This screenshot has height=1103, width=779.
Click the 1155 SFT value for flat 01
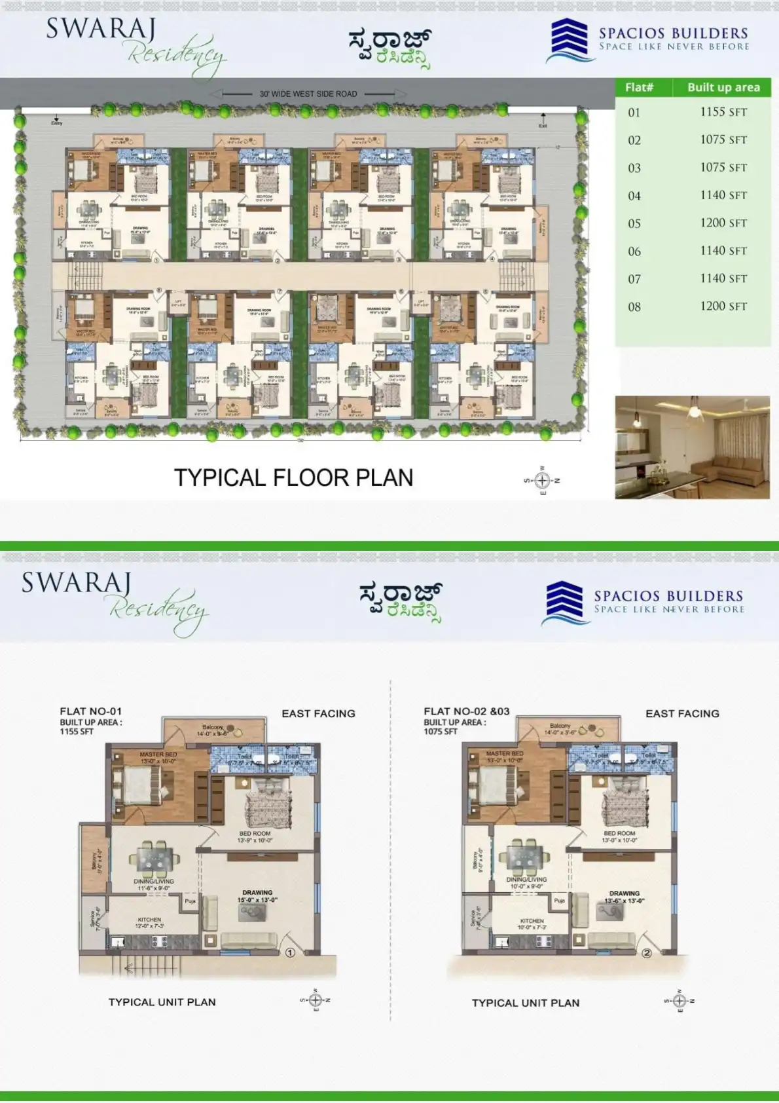(x=723, y=112)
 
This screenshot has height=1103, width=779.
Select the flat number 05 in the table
(x=634, y=223)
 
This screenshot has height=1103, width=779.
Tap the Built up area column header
(x=723, y=87)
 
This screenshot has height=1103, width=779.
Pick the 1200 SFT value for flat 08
(x=723, y=306)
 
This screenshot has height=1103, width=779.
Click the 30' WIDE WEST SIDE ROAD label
(x=308, y=94)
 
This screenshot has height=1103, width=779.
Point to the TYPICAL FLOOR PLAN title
(x=293, y=477)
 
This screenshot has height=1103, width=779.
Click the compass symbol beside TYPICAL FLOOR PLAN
(x=542, y=481)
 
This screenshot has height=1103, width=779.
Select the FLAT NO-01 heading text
(x=90, y=711)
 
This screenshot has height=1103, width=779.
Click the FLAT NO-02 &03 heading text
(x=466, y=711)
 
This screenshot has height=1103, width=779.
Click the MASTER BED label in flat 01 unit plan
(x=158, y=755)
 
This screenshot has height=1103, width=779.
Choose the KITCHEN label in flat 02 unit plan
(x=532, y=921)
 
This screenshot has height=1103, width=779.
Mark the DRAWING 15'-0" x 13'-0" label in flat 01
(x=257, y=896)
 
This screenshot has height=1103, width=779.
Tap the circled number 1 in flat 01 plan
(x=290, y=952)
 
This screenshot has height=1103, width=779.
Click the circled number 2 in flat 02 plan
(x=646, y=953)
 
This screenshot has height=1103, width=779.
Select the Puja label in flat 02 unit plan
(x=559, y=901)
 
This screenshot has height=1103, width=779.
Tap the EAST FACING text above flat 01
(x=318, y=713)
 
